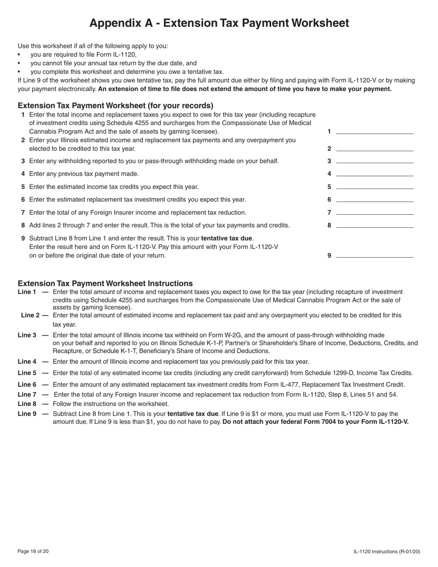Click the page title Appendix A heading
coord(219,23)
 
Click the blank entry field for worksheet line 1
coord(375,131)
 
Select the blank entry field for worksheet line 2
coord(375,148)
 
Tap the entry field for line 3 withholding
coord(375,160)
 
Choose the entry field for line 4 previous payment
coord(375,173)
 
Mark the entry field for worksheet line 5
coord(375,186)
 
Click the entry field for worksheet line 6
coord(375,199)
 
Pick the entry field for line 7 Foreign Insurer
coord(375,212)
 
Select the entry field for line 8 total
coord(375,225)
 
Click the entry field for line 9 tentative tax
coord(375,255)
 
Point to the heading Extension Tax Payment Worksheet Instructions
coord(105,283)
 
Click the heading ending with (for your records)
coord(115,105)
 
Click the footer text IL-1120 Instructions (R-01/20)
coord(387,551)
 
